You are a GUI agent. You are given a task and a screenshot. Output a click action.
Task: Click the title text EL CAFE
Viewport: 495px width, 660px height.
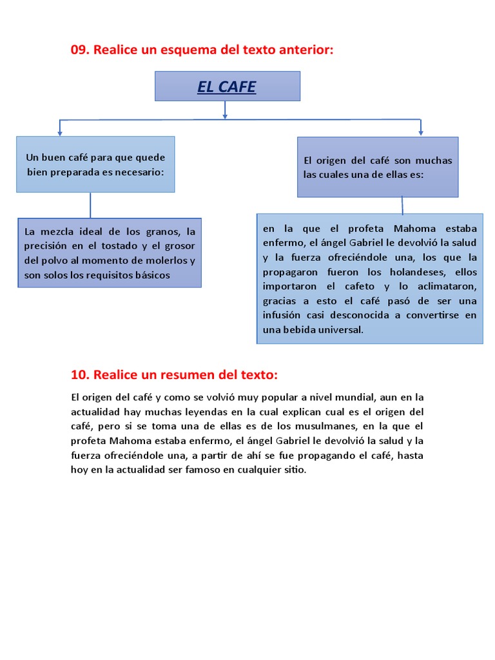[x=226, y=87]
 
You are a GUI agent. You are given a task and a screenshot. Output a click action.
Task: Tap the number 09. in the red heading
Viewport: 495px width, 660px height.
[x=81, y=50]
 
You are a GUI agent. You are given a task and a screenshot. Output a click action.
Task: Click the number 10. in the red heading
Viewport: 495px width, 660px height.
[x=81, y=374]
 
